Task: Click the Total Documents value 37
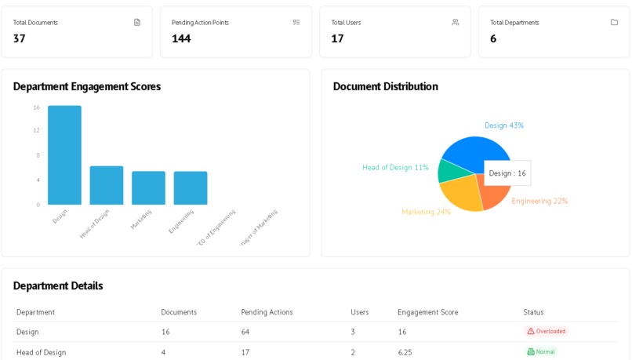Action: (20, 38)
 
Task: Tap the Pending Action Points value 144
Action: (181, 38)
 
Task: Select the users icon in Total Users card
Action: (456, 22)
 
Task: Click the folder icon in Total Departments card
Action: (614, 22)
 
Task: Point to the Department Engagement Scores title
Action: (87, 86)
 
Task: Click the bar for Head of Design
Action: (107, 186)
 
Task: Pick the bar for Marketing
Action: (148, 188)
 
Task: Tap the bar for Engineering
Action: (191, 188)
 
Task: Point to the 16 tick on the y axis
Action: (36, 107)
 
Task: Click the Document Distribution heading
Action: (385, 86)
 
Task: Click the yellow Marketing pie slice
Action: (461, 196)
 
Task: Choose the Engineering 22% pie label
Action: (539, 201)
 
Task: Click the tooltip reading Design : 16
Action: (507, 173)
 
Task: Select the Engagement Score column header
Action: (427, 312)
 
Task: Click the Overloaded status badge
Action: (546, 332)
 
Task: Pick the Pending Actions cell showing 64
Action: (245, 332)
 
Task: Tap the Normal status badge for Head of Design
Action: (541, 352)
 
